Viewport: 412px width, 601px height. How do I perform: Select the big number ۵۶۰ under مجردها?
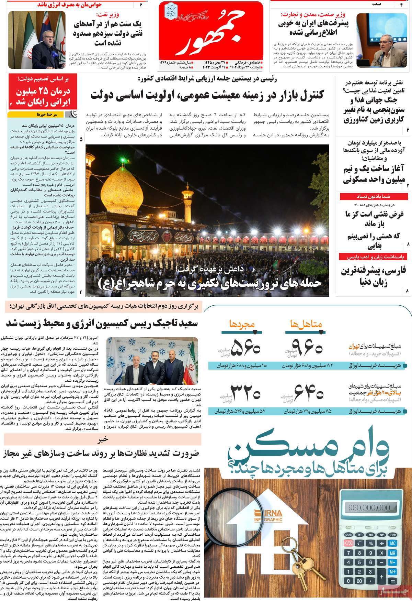[244, 348]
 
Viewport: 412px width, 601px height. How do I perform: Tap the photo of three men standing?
[152, 361]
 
